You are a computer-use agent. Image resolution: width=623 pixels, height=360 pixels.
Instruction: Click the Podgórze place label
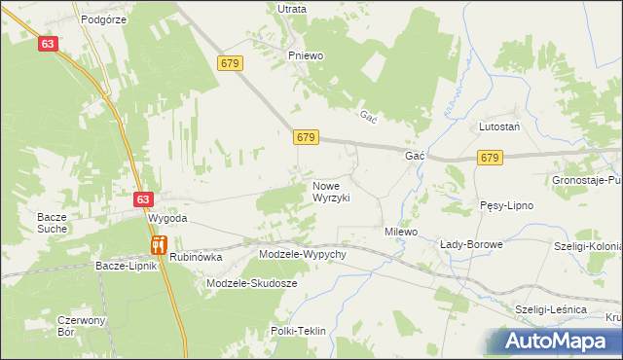point(105,18)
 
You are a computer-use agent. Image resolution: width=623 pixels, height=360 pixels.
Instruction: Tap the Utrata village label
point(292,9)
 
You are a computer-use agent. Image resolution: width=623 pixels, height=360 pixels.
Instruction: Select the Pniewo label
point(305,55)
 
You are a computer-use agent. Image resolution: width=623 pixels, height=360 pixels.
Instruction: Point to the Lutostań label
point(499,127)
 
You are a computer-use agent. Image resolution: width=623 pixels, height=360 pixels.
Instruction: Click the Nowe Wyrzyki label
point(331,191)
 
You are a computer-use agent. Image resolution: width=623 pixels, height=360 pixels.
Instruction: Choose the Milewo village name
point(400,233)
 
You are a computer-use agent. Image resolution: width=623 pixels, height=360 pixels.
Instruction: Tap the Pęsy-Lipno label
point(505,205)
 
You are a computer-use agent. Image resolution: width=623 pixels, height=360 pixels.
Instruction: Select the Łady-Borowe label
point(471,244)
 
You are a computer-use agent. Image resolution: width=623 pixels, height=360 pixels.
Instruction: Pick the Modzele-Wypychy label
point(303,254)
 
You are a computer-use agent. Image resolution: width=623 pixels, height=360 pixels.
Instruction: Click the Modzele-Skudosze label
point(252,283)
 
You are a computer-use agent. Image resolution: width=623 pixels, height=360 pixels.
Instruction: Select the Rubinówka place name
point(196,258)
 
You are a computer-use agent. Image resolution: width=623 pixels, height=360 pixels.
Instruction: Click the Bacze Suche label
point(52,223)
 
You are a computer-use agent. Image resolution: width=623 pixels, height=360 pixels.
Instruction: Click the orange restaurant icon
point(158,245)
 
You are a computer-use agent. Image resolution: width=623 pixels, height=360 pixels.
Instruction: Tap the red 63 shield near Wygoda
point(143,198)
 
